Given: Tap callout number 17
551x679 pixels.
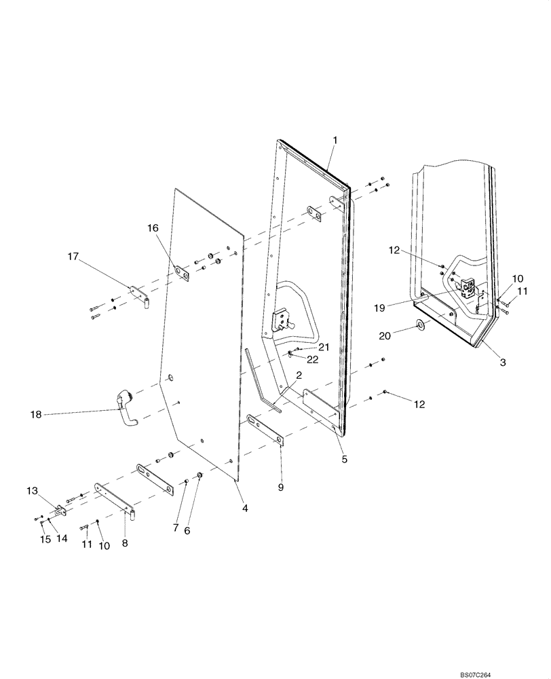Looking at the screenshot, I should [73, 257].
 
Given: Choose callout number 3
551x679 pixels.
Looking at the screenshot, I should [503, 363].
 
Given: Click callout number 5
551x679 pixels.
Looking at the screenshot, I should [344, 460].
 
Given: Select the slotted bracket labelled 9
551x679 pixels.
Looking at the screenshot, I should [265, 430].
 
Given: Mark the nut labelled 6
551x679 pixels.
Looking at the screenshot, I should [199, 475].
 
